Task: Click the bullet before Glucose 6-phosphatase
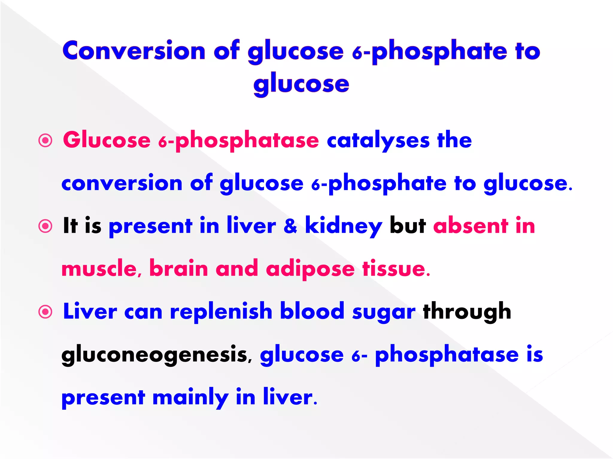pyautogui.click(x=45, y=140)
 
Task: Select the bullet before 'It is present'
pyautogui.click(x=45, y=226)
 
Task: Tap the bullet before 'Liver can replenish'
pyautogui.click(x=45, y=312)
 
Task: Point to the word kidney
pyautogui.click(x=344, y=226)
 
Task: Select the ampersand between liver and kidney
pyautogui.click(x=290, y=226)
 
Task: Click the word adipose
pyautogui.click(x=310, y=269)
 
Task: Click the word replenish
pyautogui.click(x=221, y=312)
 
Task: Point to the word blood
pyautogui.click(x=312, y=311)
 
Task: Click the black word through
pyautogui.click(x=467, y=312)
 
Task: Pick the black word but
pyautogui.click(x=408, y=226)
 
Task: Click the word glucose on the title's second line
pyautogui.click(x=301, y=84)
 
